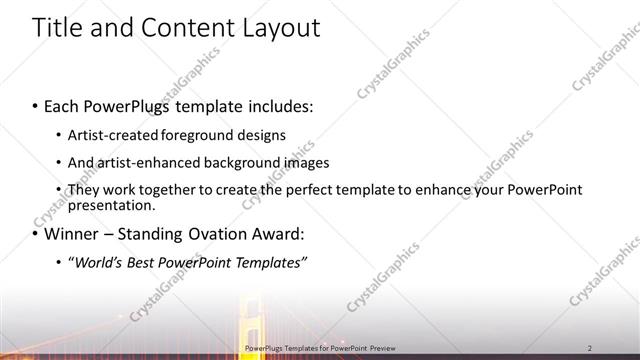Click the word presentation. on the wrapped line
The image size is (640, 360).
[x=112, y=205]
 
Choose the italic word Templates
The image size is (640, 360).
[x=269, y=263]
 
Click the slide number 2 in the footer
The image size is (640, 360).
[x=591, y=348]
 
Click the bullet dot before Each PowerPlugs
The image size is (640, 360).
[x=35, y=106]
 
